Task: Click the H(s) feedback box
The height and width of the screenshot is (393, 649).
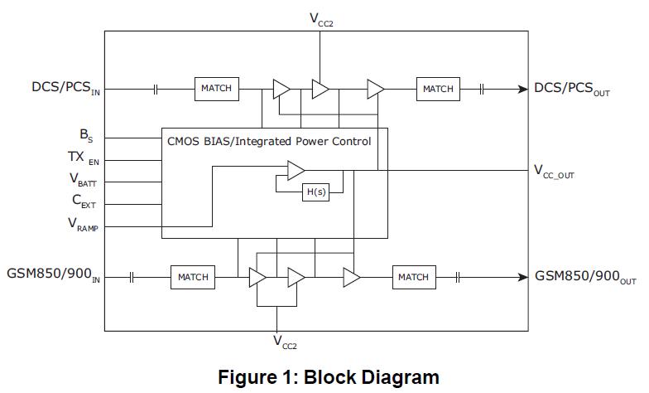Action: click(x=315, y=192)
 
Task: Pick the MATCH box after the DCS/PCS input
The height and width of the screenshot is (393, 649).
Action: click(x=217, y=89)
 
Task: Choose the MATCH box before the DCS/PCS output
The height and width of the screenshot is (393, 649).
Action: click(x=438, y=89)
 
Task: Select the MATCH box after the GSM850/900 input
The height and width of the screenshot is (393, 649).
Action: click(x=193, y=277)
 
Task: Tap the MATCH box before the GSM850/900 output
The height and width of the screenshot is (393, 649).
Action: click(x=413, y=277)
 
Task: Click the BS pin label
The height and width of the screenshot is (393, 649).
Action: click(x=86, y=135)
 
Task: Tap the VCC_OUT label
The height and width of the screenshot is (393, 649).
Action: click(x=565, y=171)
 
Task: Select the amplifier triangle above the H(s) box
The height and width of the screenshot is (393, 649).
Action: click(x=296, y=171)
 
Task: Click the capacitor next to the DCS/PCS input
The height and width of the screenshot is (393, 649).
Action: click(x=155, y=89)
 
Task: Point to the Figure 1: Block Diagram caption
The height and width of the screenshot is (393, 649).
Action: click(x=329, y=377)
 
